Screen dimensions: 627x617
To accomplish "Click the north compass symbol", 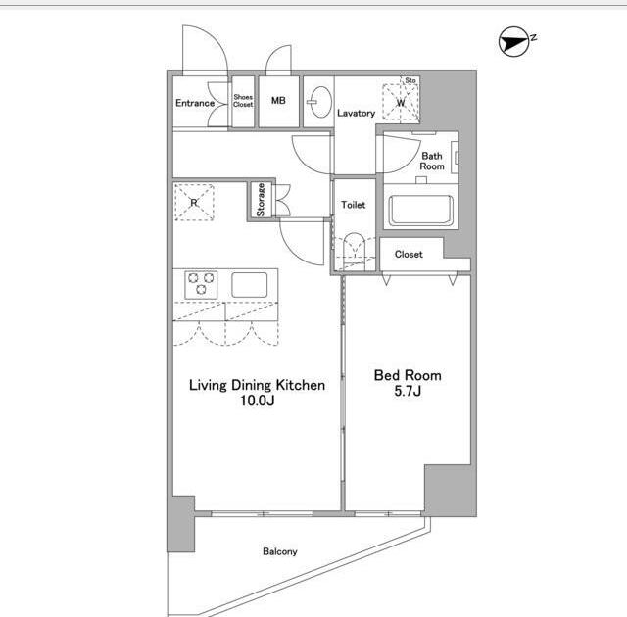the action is (513, 41).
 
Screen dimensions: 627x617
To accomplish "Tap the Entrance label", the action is (195, 103).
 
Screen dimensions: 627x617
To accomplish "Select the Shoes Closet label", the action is (243, 100).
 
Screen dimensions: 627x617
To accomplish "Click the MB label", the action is (278, 100).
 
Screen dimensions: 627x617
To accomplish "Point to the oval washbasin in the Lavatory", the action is (320, 102).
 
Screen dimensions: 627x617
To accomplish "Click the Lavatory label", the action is (356, 113).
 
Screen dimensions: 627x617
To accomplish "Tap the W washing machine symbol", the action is (401, 102).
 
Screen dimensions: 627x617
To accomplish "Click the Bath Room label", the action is (432, 161).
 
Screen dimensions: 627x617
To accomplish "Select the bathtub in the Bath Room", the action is (420, 211).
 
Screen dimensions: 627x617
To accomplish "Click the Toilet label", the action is (353, 205).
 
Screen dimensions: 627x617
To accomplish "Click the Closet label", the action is (409, 254).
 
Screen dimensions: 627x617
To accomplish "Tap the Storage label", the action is (261, 200).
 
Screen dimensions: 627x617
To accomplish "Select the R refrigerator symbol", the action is (194, 202).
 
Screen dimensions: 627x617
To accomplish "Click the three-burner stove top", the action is (201, 285).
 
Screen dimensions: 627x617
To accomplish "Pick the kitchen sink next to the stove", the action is (250, 285).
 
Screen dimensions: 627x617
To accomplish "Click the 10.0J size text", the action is (257, 401).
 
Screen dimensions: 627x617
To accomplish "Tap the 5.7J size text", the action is (408, 391).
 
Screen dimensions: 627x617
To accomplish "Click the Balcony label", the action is (280, 551).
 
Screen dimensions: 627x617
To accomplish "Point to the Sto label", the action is (410, 80).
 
